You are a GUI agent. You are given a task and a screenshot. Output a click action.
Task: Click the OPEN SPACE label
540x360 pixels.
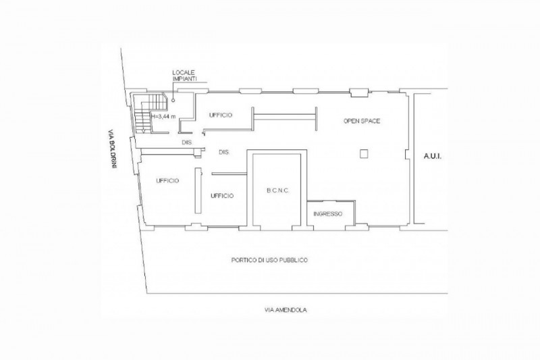tap(362, 121)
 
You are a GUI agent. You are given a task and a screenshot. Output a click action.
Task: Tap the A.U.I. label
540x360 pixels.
tap(433, 157)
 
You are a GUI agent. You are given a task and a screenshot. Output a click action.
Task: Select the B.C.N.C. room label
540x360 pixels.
tap(278, 190)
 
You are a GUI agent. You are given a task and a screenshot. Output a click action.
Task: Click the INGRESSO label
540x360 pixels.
tap(328, 214)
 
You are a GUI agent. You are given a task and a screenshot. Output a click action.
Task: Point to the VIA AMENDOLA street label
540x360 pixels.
tap(286, 310)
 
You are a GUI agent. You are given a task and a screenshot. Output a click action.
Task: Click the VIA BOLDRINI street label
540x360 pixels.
tap(112, 149)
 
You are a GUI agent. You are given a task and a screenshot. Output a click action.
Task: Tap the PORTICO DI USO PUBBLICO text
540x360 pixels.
tap(269, 260)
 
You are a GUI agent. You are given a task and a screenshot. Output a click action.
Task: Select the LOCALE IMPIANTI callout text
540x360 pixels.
tap(184, 76)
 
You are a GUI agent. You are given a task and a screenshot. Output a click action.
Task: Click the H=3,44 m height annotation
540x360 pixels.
tap(163, 116)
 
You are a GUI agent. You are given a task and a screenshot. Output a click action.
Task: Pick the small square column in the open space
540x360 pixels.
tap(364, 153)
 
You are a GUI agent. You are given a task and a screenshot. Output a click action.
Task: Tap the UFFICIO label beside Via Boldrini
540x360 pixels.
tap(167, 180)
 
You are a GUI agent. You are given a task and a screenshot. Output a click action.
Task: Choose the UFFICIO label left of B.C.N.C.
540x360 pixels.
tap(222, 196)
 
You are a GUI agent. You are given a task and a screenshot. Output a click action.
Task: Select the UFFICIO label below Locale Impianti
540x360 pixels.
tap(221, 115)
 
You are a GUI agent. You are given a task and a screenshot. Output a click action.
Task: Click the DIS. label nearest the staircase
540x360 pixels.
tap(187, 143)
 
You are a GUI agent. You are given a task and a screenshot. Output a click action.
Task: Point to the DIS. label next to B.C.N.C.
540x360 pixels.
tap(224, 152)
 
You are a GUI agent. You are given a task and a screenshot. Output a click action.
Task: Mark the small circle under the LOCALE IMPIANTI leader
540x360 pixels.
tap(173, 101)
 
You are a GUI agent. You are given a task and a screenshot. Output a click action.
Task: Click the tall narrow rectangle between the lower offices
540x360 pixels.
tap(198, 190)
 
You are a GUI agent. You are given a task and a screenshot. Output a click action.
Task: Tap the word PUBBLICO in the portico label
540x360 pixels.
tap(294, 260)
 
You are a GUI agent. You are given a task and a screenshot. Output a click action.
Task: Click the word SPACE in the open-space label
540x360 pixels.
tap(371, 121)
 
